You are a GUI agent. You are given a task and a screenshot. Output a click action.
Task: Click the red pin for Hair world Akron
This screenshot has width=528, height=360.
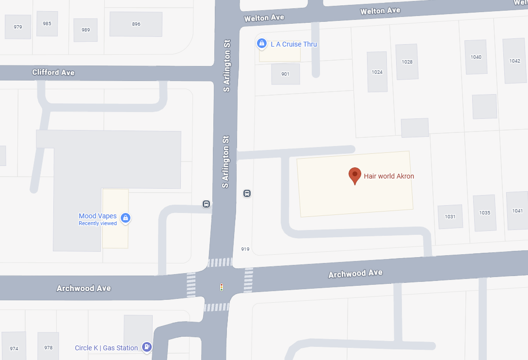(355, 176)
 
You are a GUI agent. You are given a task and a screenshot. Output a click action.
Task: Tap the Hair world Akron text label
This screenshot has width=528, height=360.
(389, 176)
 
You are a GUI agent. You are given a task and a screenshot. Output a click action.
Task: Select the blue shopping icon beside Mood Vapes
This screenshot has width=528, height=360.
(126, 218)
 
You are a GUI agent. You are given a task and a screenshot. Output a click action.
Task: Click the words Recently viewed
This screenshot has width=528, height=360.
(97, 223)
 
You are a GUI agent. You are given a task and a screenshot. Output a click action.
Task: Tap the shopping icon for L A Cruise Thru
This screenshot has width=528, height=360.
(262, 44)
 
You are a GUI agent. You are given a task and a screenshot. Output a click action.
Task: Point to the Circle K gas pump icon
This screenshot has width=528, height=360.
(146, 347)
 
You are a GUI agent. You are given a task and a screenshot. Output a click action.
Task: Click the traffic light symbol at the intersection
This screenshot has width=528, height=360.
(222, 287)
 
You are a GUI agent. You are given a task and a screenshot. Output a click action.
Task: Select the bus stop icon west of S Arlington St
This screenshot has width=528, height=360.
(206, 204)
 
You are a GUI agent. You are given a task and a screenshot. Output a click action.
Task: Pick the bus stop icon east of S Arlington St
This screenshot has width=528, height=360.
(247, 194)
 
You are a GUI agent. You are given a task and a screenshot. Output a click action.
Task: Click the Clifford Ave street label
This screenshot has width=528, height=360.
(53, 72)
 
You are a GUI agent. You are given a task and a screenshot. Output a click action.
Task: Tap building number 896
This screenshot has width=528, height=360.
(136, 24)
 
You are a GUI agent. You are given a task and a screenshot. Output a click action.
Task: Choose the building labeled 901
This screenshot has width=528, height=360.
(285, 74)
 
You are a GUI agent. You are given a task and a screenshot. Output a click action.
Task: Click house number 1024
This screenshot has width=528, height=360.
(377, 72)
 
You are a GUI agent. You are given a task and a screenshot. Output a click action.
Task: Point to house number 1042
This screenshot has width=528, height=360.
(514, 61)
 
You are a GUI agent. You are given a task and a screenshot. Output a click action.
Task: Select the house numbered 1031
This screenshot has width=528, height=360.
(450, 216)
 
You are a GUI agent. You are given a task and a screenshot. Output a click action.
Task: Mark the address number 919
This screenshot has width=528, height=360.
(245, 249)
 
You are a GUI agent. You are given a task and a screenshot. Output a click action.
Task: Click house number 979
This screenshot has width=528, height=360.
(18, 27)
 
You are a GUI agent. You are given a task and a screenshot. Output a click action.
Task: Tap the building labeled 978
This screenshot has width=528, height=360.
(48, 347)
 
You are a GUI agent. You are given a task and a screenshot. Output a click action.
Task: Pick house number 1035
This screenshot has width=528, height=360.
(484, 213)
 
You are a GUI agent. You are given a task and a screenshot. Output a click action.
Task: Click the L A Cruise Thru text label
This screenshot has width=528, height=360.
(293, 44)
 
